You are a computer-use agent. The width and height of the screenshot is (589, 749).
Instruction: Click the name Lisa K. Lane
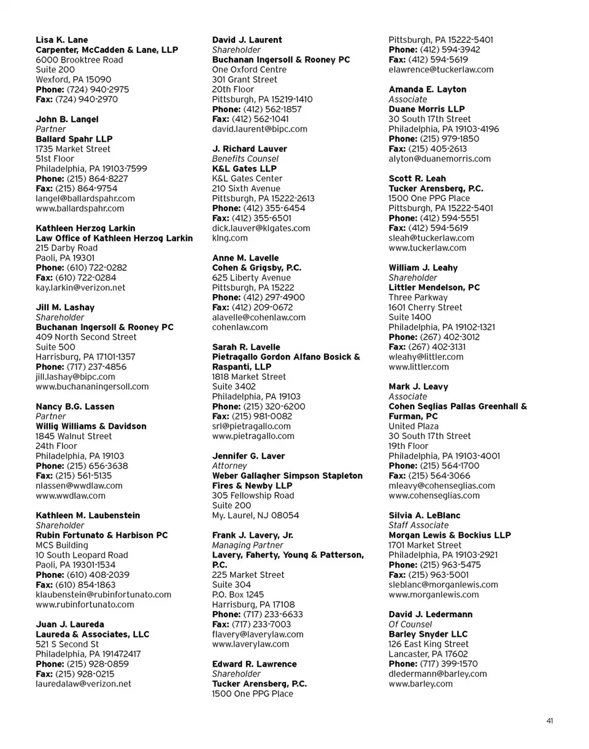click(62, 40)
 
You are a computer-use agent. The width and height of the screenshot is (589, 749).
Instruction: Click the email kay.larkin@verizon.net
click(80, 287)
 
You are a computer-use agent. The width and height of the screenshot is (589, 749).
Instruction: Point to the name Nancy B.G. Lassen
click(75, 406)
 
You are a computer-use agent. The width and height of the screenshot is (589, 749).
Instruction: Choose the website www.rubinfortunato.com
click(85, 604)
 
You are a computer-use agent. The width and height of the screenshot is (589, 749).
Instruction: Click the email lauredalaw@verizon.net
click(83, 683)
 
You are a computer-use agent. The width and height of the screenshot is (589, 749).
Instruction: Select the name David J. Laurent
click(247, 40)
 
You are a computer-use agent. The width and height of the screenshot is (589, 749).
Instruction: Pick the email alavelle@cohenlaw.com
click(259, 317)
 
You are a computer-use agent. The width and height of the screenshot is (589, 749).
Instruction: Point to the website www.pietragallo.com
click(253, 436)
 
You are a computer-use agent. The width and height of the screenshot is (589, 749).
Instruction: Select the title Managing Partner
click(248, 545)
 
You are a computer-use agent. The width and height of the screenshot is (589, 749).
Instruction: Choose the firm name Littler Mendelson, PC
click(434, 287)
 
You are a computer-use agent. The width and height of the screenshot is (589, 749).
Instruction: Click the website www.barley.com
click(421, 683)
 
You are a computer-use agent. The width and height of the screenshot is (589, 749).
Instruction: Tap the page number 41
click(550, 721)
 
